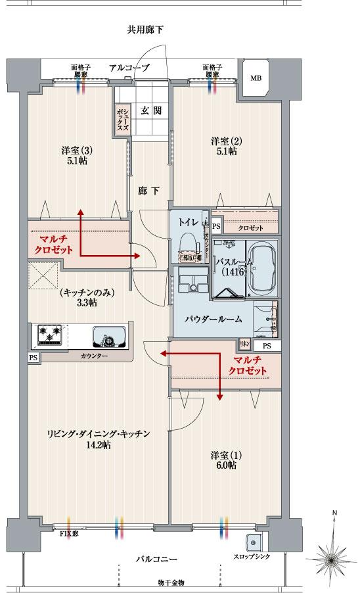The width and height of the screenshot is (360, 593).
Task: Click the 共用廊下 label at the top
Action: pyautogui.click(x=145, y=30)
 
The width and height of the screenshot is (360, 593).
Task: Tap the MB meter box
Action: pyautogui.click(x=255, y=78)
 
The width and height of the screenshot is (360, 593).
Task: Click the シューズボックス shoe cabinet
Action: pyautogui.click(x=122, y=120)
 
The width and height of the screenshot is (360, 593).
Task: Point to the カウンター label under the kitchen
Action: pyautogui.click(x=97, y=356)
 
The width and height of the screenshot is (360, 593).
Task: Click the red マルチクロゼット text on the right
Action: pyautogui.click(x=248, y=366)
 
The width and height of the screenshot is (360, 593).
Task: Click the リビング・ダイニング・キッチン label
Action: pyautogui.click(x=99, y=434)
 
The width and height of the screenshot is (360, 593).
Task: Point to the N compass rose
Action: pyautogui.click(x=334, y=558)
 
